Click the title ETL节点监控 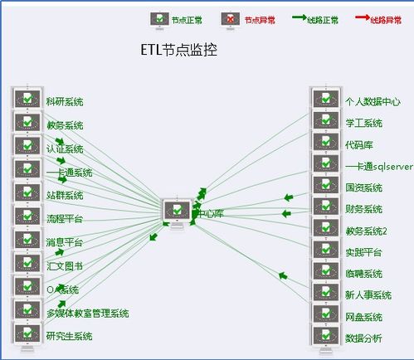[179, 49]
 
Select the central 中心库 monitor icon [177, 212]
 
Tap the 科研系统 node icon [27, 100]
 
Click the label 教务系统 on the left [65, 125]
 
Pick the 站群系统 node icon [27, 193]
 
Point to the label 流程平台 [65, 219]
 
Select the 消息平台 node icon [27, 241]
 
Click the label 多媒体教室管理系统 [88, 313]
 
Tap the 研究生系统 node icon [27, 334]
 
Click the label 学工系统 [363, 123]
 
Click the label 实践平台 [363, 252]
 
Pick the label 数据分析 [363, 338]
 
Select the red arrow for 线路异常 [362, 17]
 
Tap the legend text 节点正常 [186, 20]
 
